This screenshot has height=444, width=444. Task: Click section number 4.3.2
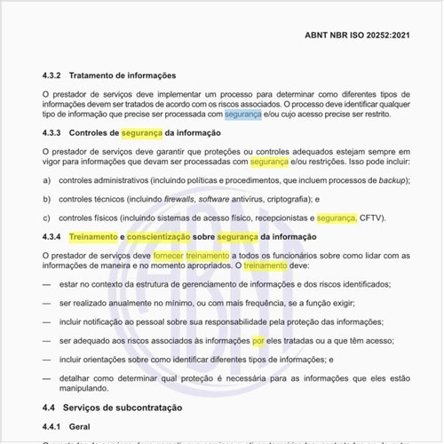click(x=55, y=75)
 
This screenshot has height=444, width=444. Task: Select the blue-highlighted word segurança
click(x=242, y=115)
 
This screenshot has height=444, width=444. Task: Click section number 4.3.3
click(x=55, y=133)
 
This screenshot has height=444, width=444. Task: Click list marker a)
click(x=46, y=179)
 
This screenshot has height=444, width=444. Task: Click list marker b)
click(x=46, y=198)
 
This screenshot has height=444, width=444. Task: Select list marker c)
click(x=46, y=218)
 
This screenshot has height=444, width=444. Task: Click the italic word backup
click(x=377, y=179)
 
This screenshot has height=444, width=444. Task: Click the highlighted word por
click(x=258, y=339)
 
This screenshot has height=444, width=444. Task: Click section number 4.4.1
click(x=55, y=426)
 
